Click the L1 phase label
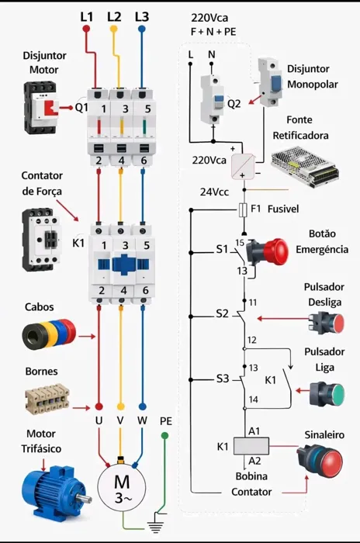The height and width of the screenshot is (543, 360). click(x=87, y=16)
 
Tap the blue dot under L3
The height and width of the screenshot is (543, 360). click(x=141, y=29)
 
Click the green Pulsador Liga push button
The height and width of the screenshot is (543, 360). click(x=327, y=394)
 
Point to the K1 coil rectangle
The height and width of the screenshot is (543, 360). click(x=251, y=446)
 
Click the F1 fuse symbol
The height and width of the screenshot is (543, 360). click(x=244, y=210)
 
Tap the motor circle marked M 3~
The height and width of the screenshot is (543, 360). click(x=122, y=486)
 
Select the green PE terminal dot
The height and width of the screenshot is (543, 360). click(x=165, y=435)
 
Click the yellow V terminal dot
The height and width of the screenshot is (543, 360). click(x=120, y=406)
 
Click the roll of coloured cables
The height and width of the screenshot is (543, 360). click(x=49, y=333)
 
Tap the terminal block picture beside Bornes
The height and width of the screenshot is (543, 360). click(x=47, y=399)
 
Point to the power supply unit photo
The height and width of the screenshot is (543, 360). click(x=305, y=164)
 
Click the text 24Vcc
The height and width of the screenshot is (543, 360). click(x=214, y=192)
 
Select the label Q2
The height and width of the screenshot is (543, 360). click(x=234, y=103)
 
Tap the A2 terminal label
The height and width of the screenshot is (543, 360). click(x=254, y=461)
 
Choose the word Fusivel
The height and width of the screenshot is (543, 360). click(x=283, y=209)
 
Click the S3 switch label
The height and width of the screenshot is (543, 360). click(x=223, y=379)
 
